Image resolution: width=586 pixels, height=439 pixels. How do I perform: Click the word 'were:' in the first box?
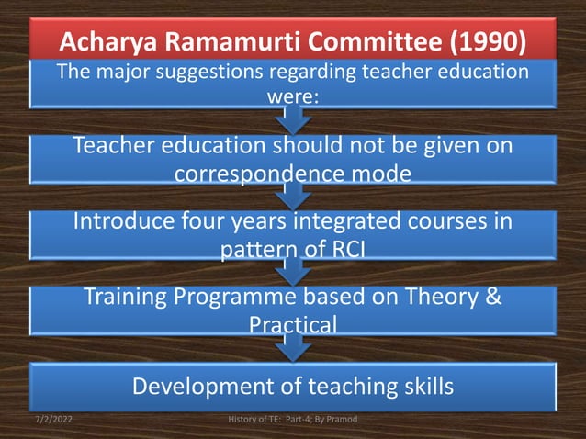(292, 94)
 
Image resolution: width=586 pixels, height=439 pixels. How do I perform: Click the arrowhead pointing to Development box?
(292, 353)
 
